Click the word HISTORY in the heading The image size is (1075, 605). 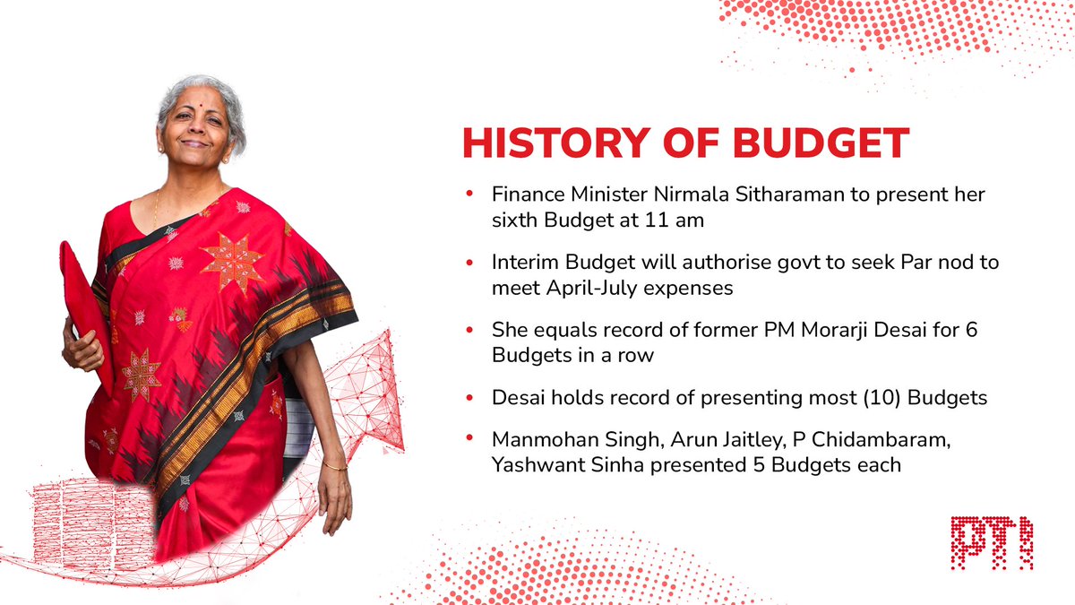click(x=540, y=145)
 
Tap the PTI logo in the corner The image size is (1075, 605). click(x=992, y=542)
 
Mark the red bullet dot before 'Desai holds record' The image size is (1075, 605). click(x=469, y=398)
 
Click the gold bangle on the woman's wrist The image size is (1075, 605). click(x=335, y=465)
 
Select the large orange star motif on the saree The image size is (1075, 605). click(x=231, y=263)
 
